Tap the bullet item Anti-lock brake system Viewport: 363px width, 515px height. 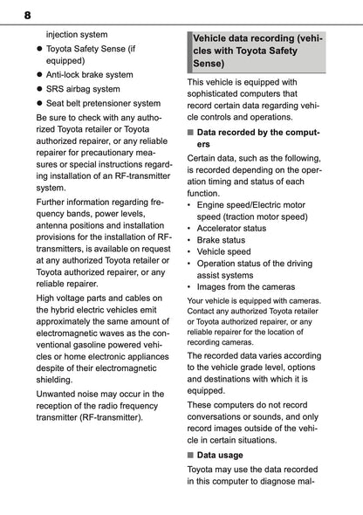(x=96, y=75)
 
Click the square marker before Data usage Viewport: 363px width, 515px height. (x=190, y=455)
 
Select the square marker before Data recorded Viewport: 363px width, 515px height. (x=190, y=133)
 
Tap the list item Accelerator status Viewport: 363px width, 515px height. (x=231, y=228)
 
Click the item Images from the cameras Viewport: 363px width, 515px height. (x=246, y=286)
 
